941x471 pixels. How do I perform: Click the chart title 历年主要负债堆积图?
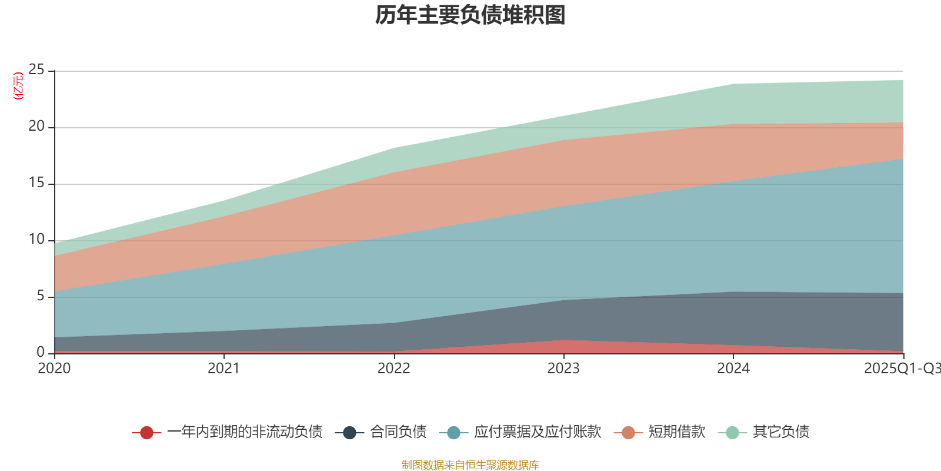(x=470, y=15)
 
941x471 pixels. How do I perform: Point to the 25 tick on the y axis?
(x=36, y=70)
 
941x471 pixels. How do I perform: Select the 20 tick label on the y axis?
(x=36, y=127)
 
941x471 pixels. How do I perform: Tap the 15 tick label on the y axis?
(x=36, y=183)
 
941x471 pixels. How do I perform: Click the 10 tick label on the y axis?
(x=36, y=240)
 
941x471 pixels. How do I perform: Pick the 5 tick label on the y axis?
(x=41, y=296)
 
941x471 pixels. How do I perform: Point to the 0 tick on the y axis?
(x=41, y=352)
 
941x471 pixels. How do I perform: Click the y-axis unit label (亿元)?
(x=18, y=86)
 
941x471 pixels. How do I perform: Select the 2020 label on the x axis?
(x=54, y=369)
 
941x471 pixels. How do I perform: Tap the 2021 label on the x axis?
(x=223, y=369)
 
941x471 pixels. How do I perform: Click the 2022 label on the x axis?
(x=393, y=369)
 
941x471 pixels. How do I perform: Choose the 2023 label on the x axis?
(x=563, y=369)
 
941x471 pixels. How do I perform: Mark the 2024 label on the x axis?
(x=733, y=369)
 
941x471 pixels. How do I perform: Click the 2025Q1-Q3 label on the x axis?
(x=902, y=369)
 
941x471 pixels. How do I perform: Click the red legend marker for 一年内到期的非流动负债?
(x=146, y=433)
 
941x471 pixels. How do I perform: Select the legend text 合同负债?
(x=398, y=432)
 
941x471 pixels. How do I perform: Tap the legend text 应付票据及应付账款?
(x=538, y=432)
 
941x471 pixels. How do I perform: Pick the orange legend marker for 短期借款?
(x=628, y=433)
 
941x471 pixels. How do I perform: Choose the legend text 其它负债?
(x=781, y=432)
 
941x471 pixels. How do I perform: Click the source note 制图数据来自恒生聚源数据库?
(x=470, y=465)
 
